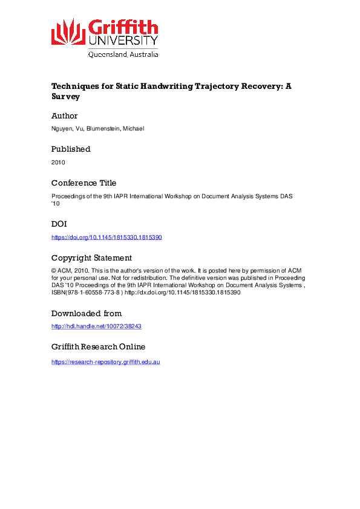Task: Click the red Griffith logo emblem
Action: click(x=68, y=31)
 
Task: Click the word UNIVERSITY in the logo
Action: click(x=123, y=41)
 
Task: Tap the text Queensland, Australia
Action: click(x=123, y=54)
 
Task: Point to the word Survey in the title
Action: click(x=65, y=96)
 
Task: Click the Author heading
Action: click(x=64, y=115)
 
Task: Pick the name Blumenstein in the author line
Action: click(x=99, y=129)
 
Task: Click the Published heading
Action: click(x=71, y=149)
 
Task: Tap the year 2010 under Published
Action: click(x=58, y=162)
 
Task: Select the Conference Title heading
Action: click(x=83, y=183)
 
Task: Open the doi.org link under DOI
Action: click(x=106, y=237)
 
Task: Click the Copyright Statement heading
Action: click(x=91, y=258)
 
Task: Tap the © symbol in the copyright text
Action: click(x=54, y=270)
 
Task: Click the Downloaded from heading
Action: click(x=87, y=313)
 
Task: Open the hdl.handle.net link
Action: click(x=97, y=326)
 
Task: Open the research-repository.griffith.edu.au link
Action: click(x=105, y=361)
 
